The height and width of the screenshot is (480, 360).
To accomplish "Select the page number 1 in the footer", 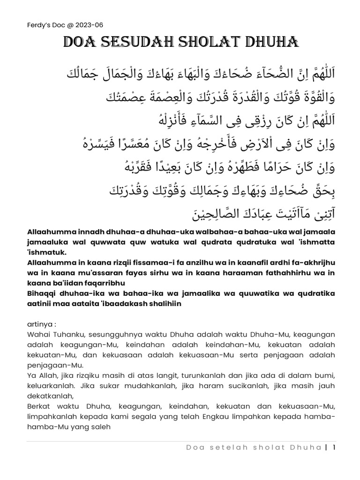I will tap(334, 447).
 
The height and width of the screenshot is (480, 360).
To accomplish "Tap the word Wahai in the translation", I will tap(32, 334).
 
